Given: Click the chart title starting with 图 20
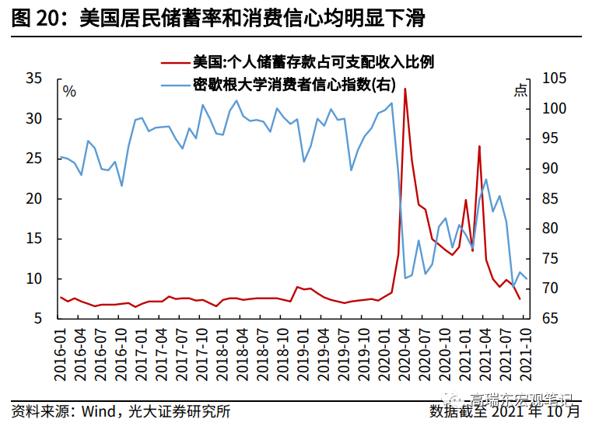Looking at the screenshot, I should click(219, 19).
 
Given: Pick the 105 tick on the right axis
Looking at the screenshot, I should click(552, 79).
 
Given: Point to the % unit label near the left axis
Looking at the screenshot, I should click(69, 92).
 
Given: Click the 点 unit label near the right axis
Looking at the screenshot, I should click(520, 91).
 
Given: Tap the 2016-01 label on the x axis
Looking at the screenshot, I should click(61, 353).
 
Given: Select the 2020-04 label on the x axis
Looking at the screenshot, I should click(405, 353).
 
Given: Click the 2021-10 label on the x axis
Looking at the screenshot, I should click(526, 353).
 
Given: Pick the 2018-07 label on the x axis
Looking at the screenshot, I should click(264, 353).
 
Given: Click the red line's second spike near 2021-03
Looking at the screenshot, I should click(479, 146).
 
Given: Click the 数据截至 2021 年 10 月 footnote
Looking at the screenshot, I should click(504, 410).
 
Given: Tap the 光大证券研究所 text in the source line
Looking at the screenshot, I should click(179, 410).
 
